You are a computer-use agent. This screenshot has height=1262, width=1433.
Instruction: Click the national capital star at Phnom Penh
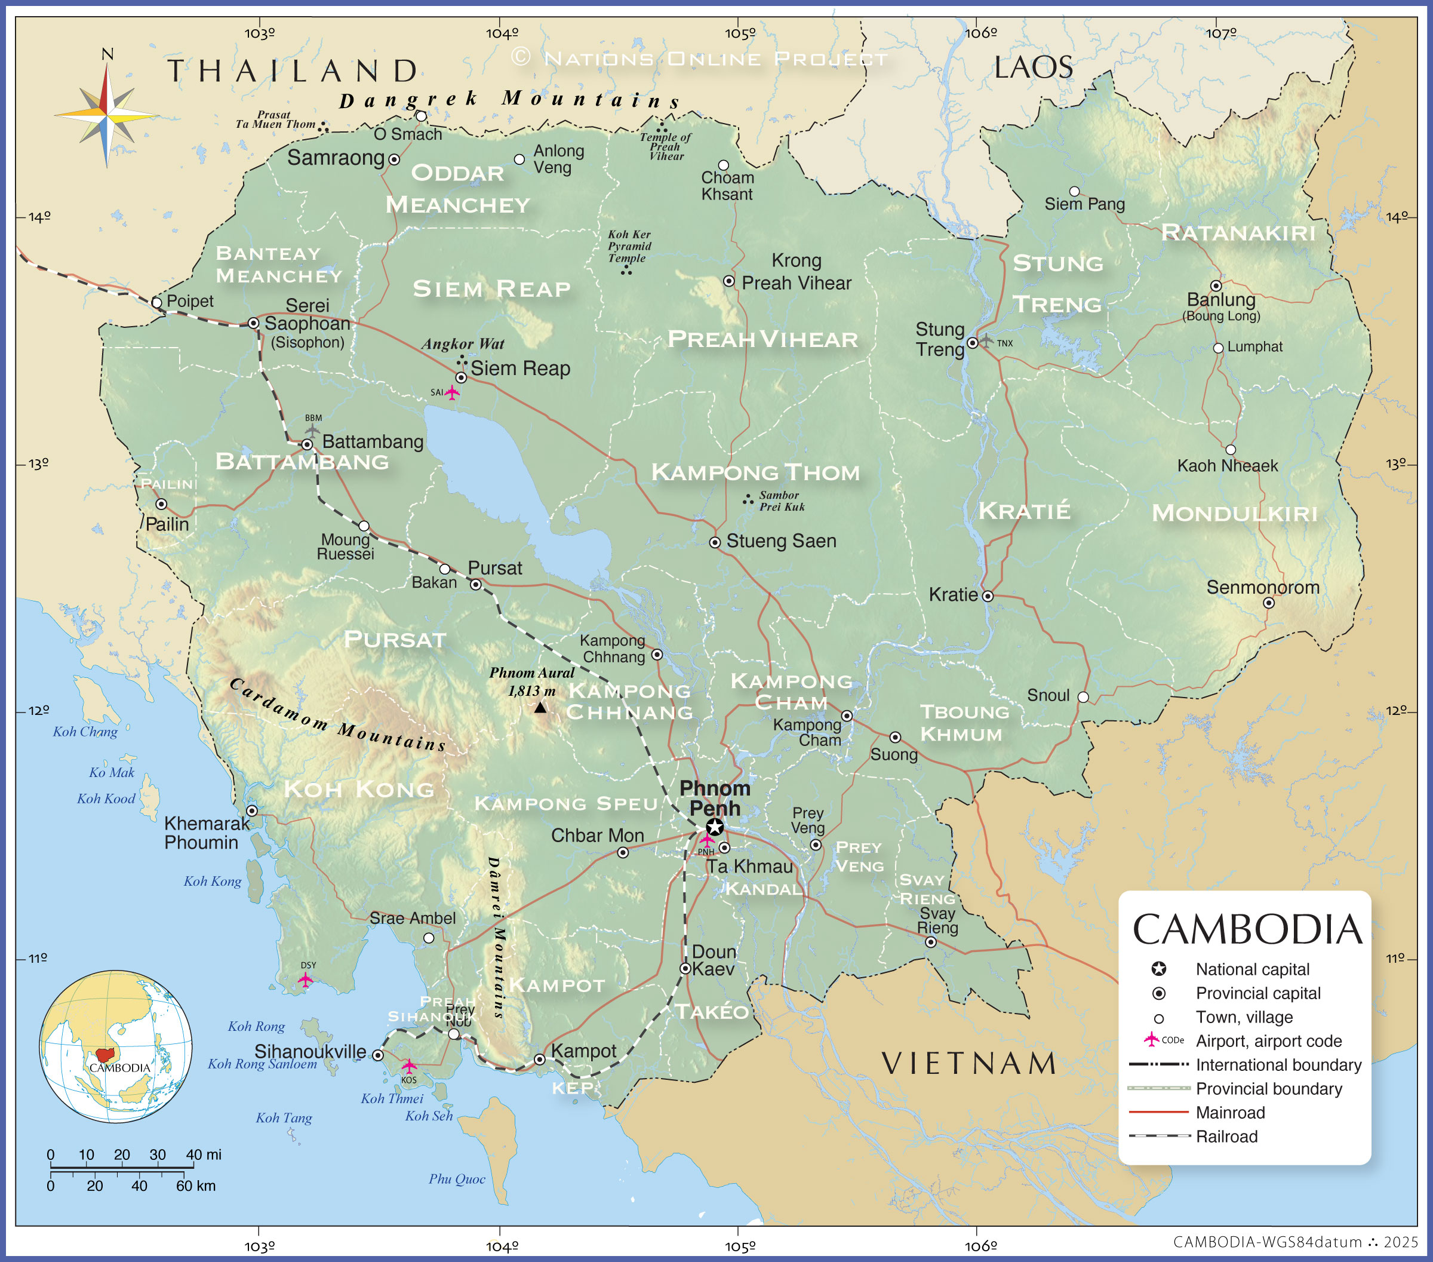click(x=714, y=827)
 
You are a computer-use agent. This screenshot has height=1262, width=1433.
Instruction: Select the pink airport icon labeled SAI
click(x=452, y=392)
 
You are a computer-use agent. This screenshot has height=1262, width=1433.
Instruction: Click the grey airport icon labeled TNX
click(x=986, y=341)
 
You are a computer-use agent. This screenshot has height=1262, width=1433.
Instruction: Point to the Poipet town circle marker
click(x=157, y=302)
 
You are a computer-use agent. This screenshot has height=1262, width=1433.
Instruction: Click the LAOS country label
click(x=1033, y=68)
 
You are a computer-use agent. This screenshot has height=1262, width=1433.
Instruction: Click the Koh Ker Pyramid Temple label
click(x=629, y=246)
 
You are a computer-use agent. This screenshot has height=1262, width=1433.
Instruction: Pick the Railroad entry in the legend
click(x=1226, y=1137)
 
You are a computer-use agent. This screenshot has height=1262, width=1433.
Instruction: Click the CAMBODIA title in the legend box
click(x=1247, y=930)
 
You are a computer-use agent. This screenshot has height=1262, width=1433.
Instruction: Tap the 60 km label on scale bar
click(x=196, y=1186)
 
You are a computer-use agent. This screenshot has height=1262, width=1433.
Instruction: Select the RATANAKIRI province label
click(x=1238, y=232)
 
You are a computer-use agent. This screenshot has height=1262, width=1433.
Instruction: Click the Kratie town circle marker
click(x=987, y=596)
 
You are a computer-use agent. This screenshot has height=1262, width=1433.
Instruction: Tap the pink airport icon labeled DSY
click(x=305, y=979)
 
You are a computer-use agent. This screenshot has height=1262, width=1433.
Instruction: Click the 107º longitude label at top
click(x=1220, y=33)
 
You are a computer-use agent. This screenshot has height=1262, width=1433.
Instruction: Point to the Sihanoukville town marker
click(x=378, y=1055)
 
